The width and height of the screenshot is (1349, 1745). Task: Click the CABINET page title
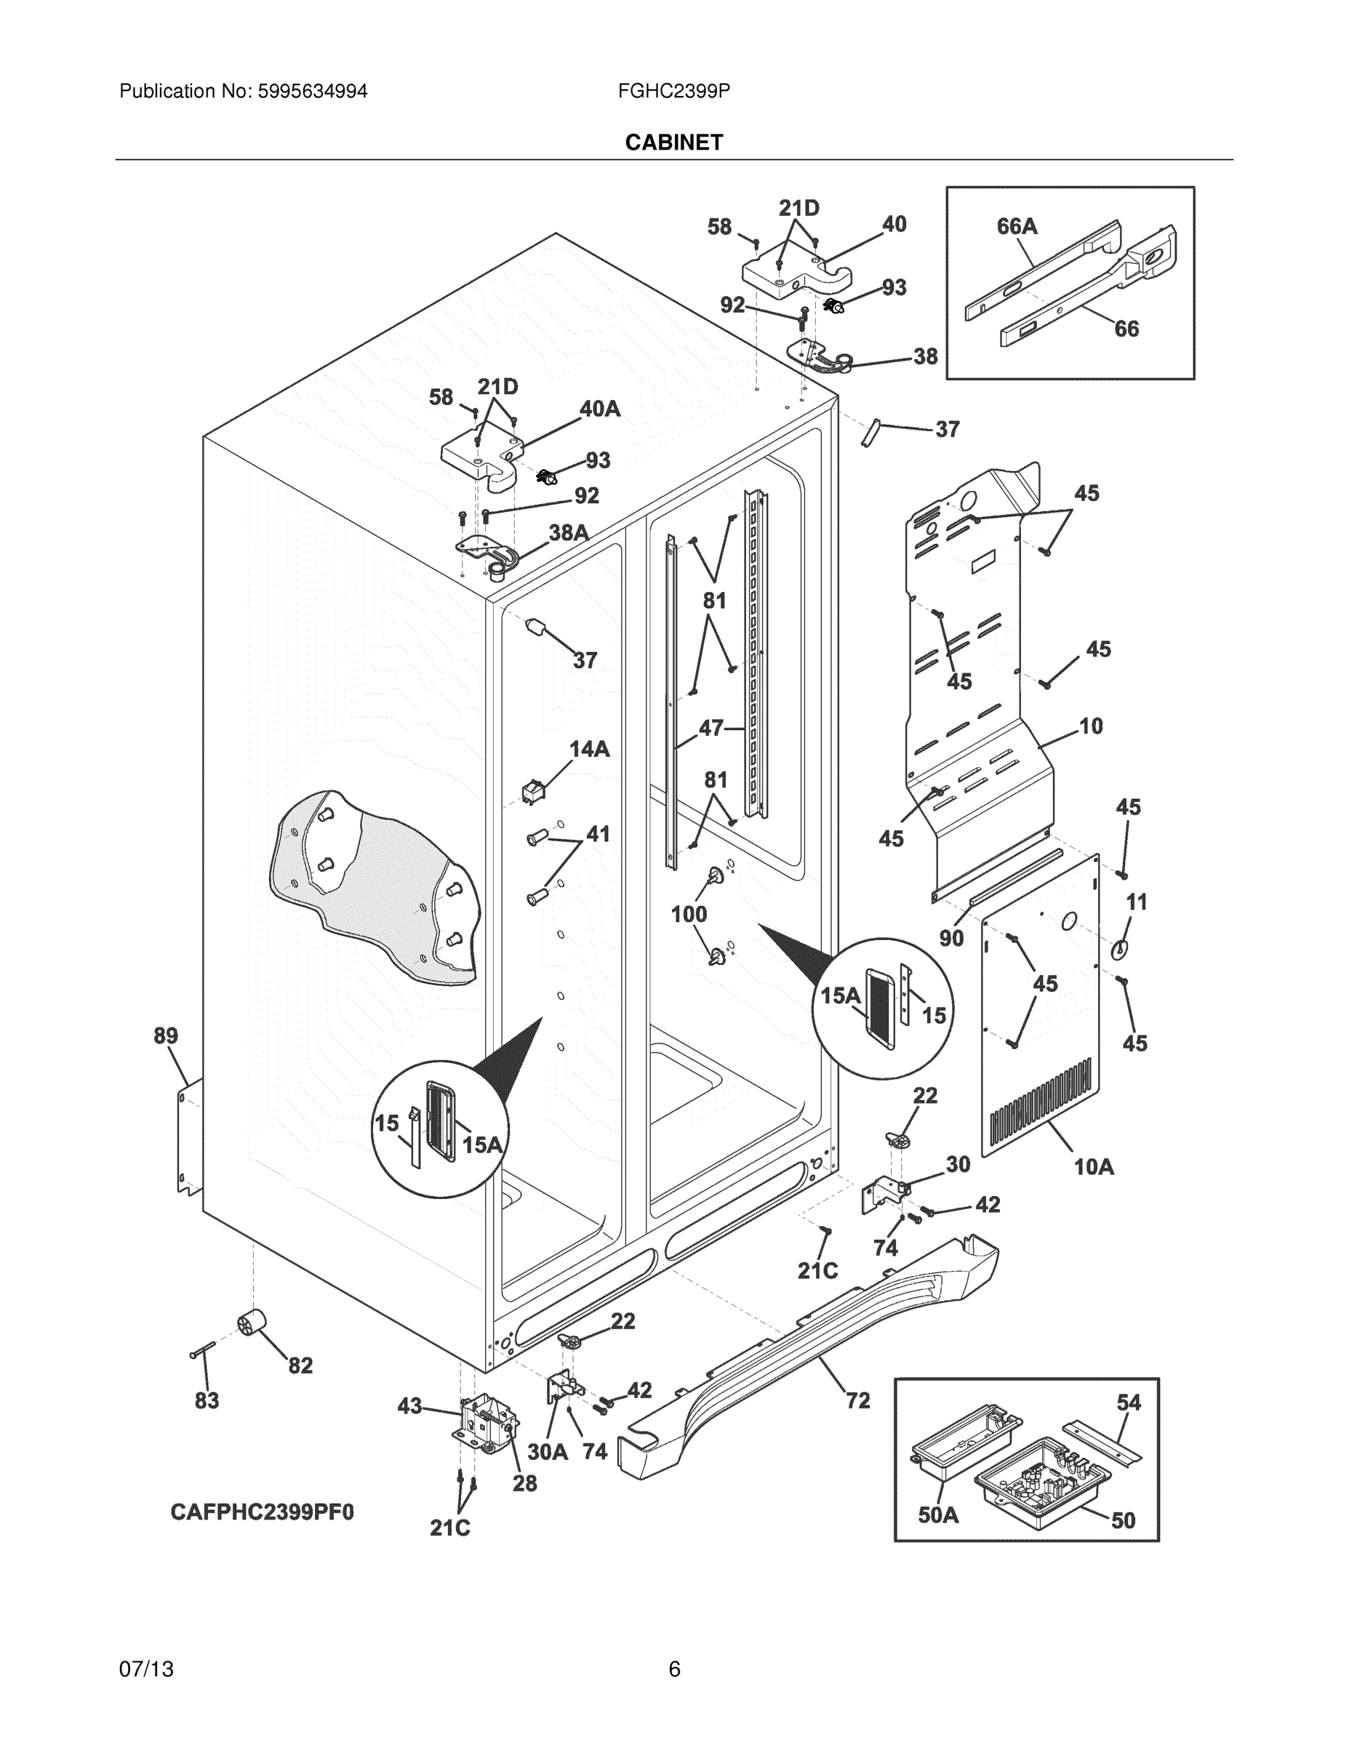(673, 143)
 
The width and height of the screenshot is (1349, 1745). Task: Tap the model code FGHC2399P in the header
(673, 92)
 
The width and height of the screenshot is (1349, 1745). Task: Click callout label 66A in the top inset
(1017, 227)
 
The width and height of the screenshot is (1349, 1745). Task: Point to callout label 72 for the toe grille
(857, 1400)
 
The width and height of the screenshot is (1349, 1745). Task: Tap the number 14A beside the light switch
(589, 749)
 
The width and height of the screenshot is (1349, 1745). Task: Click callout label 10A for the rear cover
(1093, 1166)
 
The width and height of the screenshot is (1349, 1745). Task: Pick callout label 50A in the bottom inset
(937, 1514)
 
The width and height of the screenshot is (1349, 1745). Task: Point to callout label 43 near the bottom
(409, 1406)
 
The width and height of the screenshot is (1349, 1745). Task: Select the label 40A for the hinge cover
(599, 409)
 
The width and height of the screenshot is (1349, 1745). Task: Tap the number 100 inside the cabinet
(689, 913)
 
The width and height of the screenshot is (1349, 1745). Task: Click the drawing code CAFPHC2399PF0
(262, 1512)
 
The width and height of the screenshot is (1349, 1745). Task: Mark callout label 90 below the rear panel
(951, 938)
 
